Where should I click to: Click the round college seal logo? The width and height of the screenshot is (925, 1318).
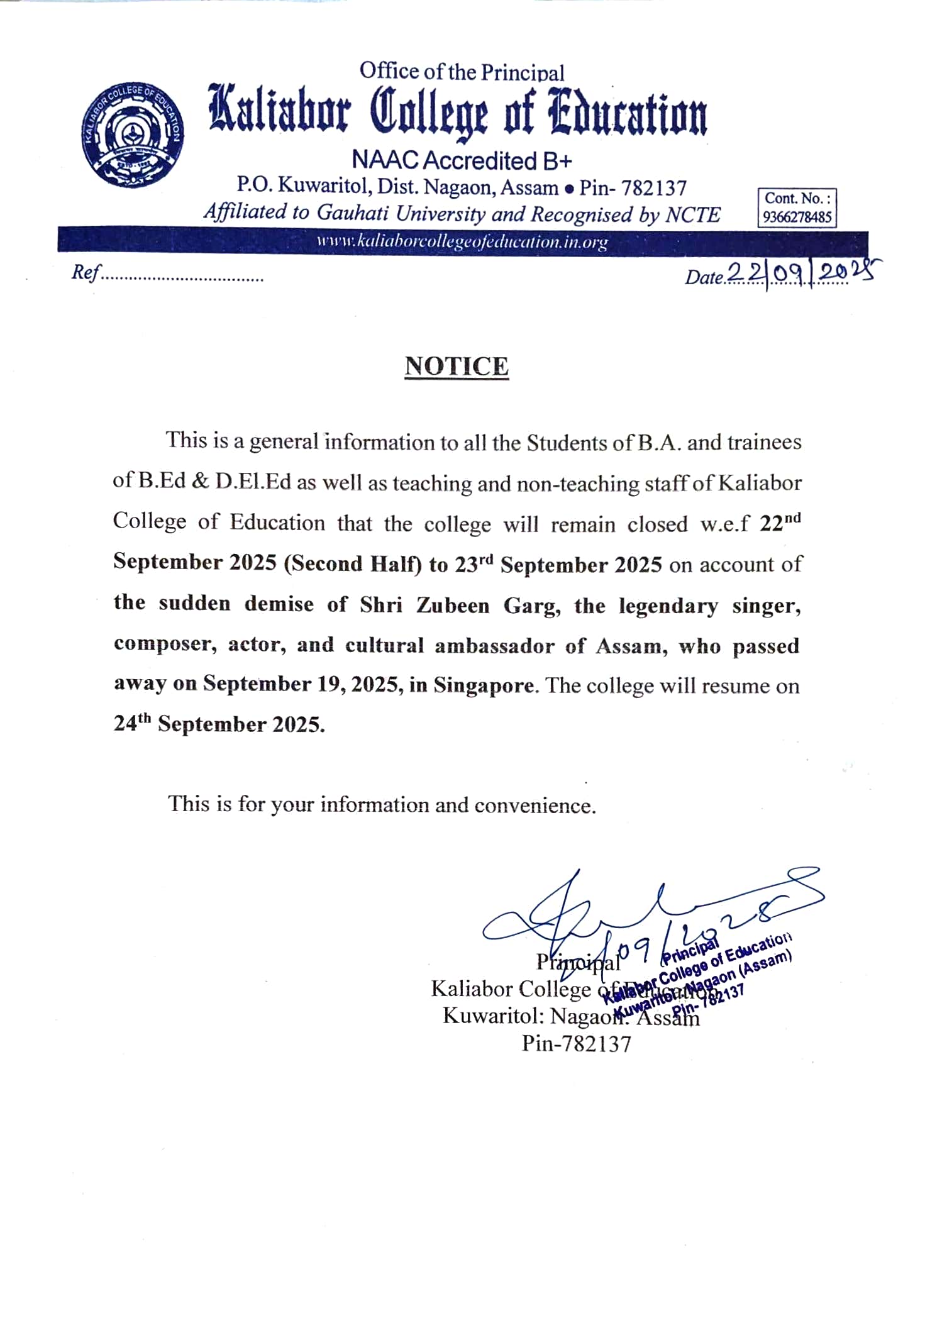point(133,134)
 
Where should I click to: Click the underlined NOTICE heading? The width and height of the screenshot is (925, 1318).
point(457,366)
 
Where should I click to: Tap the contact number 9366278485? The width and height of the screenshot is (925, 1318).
point(797,217)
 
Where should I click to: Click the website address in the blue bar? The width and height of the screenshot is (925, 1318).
point(462,241)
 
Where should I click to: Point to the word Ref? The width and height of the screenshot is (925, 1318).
point(86,272)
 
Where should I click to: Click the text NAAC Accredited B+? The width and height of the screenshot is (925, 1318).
point(462,160)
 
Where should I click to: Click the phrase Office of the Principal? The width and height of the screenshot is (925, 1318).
point(462,72)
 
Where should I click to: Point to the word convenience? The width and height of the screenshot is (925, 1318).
point(535,806)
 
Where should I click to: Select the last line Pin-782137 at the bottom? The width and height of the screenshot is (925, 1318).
point(576,1044)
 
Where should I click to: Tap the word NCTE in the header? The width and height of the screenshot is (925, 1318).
point(692,215)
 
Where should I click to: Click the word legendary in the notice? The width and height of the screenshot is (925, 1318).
point(668,606)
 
